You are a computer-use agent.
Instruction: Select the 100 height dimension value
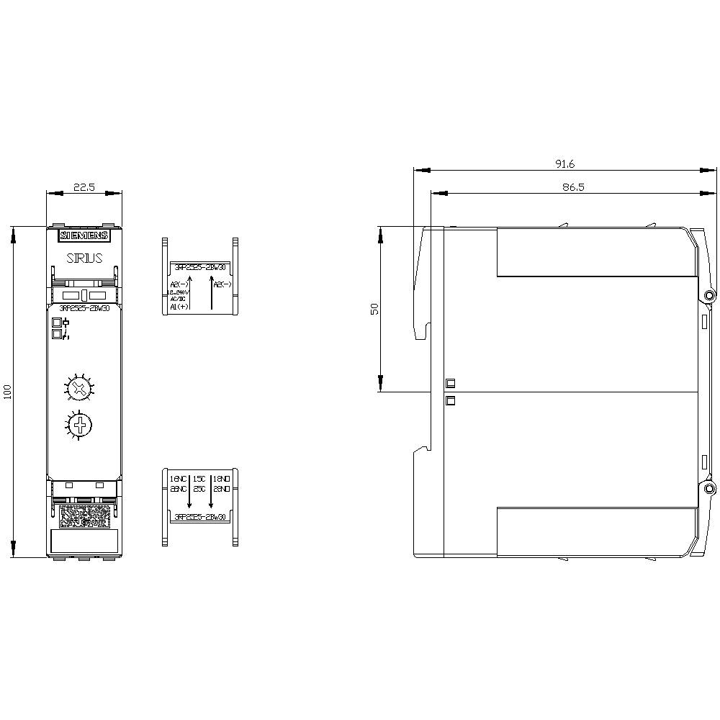click(x=7, y=392)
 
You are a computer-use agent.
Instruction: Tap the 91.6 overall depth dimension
click(x=564, y=164)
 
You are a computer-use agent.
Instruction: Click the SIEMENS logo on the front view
click(x=84, y=235)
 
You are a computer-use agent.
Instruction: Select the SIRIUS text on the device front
click(x=84, y=258)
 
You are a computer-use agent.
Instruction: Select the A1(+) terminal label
click(x=179, y=307)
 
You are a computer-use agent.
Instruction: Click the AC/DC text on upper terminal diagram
click(x=178, y=299)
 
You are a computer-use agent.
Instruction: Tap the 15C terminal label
click(x=199, y=478)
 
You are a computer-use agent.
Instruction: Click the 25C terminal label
click(x=199, y=488)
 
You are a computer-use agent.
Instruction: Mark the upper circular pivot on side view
click(x=710, y=295)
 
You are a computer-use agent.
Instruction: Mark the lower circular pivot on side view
click(x=710, y=490)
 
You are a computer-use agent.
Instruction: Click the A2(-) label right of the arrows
click(x=222, y=284)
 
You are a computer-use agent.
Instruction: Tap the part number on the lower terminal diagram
click(x=199, y=517)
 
